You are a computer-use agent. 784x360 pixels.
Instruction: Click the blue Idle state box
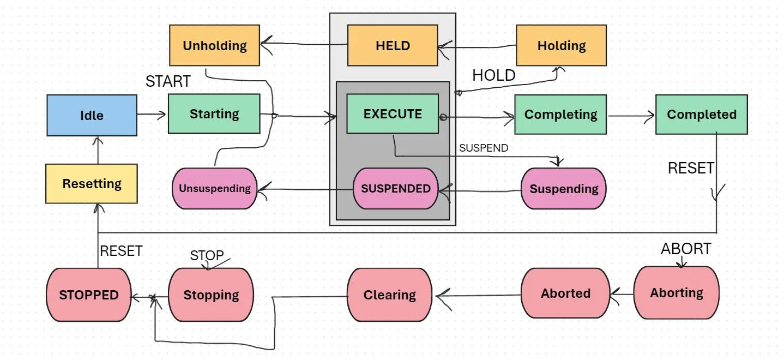pos(92,115)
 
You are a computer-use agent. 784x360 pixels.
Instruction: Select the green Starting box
pos(214,113)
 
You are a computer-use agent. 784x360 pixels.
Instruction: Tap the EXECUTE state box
pos(393,113)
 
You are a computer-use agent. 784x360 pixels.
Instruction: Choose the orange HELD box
pos(393,45)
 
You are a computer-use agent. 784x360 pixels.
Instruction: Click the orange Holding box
pos(561,45)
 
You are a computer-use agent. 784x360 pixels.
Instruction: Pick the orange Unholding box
pos(214,45)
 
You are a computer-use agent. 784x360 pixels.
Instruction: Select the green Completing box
pos(560,115)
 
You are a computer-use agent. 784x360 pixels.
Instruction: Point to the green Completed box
pos(701,115)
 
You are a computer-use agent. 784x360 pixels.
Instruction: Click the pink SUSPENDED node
pos(396,188)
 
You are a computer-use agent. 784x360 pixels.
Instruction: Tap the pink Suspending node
pos(563,189)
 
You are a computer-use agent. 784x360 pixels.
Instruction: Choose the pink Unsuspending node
pos(214,188)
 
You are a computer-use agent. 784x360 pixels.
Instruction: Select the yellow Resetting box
pos(92,183)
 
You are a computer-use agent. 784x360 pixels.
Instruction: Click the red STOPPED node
pos(89,295)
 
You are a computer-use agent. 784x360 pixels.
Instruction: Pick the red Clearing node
pos(389,295)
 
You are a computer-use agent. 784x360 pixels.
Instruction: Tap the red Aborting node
pos(676,293)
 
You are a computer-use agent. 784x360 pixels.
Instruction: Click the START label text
pos(168,81)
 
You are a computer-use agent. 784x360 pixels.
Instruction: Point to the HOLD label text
pos(493,75)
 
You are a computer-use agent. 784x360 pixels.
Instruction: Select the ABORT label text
pos(685,249)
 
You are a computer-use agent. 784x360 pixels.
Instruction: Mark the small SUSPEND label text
pos(483,148)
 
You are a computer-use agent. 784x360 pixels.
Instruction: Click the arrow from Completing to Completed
pos(631,115)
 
